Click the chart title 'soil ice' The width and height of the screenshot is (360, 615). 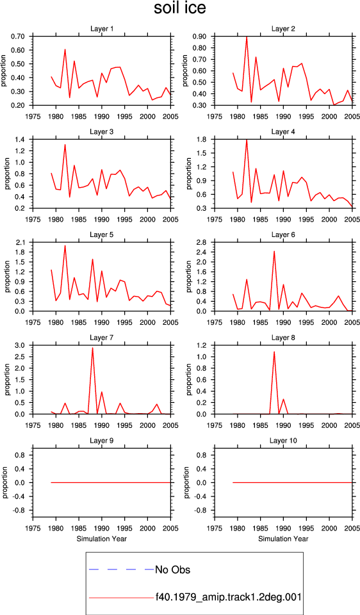tap(179, 8)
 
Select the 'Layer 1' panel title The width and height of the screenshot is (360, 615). tap(102, 29)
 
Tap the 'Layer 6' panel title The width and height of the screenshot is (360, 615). tap(282, 234)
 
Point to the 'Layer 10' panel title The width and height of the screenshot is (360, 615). tap(282, 441)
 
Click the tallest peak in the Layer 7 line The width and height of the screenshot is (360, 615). tap(92, 347)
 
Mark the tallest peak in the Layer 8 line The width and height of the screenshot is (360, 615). tap(274, 352)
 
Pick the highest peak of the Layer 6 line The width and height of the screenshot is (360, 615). tap(274, 251)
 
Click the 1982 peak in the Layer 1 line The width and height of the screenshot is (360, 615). tap(65, 49)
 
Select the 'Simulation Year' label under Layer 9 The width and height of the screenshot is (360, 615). tap(102, 539)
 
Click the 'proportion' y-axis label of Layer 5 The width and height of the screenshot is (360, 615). tap(6, 277)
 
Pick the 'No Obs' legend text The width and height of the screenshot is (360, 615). tap(172, 570)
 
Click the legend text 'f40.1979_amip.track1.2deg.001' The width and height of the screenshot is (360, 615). tap(228, 598)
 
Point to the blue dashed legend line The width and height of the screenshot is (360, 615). tap(121, 569)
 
